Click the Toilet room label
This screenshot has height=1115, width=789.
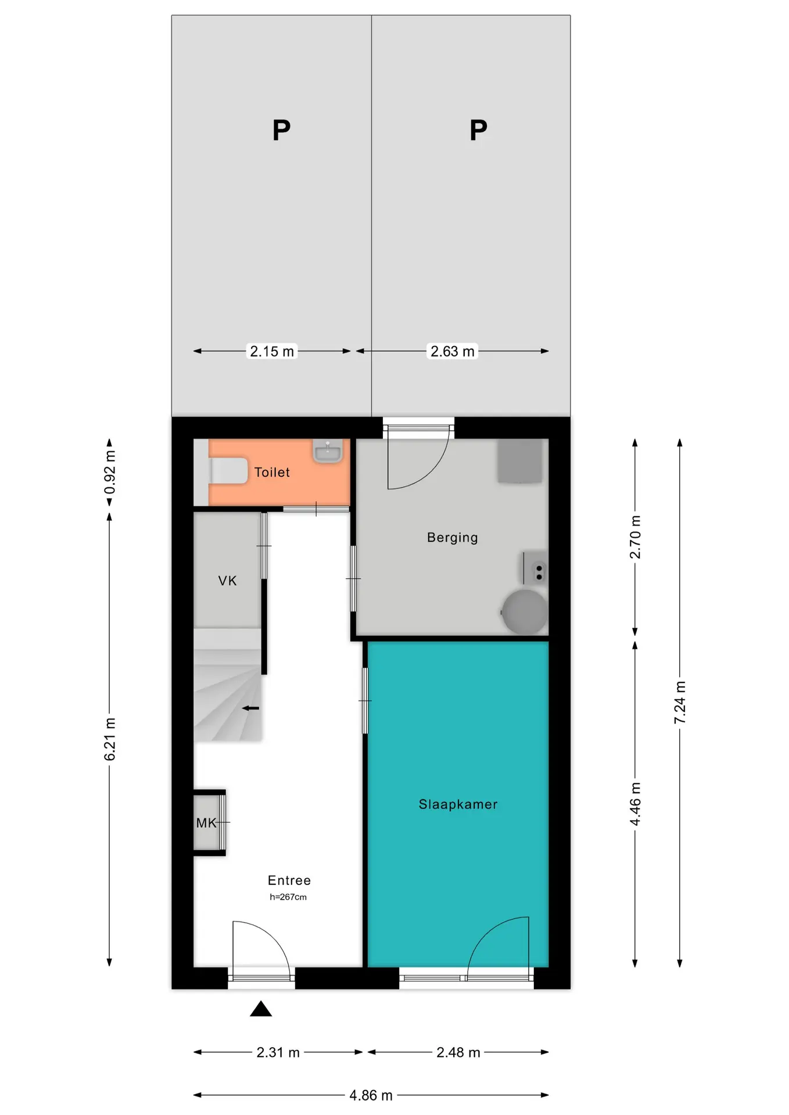pyautogui.click(x=272, y=472)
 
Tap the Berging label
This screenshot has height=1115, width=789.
pyautogui.click(x=453, y=538)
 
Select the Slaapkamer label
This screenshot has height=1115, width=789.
pyautogui.click(x=458, y=804)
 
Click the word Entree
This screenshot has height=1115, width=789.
pyautogui.click(x=289, y=880)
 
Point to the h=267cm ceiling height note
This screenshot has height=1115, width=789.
pyautogui.click(x=288, y=897)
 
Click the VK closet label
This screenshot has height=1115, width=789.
pyautogui.click(x=228, y=581)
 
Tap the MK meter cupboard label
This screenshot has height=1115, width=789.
pyautogui.click(x=206, y=823)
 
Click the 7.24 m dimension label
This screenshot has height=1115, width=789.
pyautogui.click(x=680, y=703)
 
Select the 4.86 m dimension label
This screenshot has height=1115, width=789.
pyautogui.click(x=371, y=1095)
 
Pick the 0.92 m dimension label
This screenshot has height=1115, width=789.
pyautogui.click(x=110, y=472)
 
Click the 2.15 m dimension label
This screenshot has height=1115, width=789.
pyautogui.click(x=272, y=351)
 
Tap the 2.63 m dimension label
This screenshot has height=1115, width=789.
pyautogui.click(x=453, y=351)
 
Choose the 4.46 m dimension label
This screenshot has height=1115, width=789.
pyautogui.click(x=635, y=804)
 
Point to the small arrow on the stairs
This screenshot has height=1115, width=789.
pyautogui.click(x=250, y=708)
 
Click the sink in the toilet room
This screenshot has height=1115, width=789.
pyautogui.click(x=328, y=451)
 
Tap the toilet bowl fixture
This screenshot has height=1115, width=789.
pyautogui.click(x=228, y=471)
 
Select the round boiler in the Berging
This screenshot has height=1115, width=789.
pyautogui.click(x=525, y=612)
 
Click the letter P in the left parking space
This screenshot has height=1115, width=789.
pyautogui.click(x=282, y=130)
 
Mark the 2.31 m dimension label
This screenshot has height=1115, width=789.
pyautogui.click(x=278, y=1052)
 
